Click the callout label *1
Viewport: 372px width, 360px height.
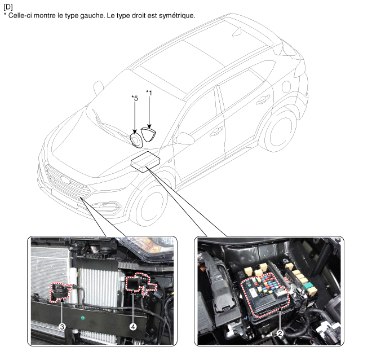point(149,93)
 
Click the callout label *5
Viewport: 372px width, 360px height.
point(135,98)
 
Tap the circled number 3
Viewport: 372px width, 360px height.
point(62,327)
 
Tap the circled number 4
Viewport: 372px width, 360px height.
point(133,327)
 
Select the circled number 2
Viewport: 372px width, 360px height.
point(280,333)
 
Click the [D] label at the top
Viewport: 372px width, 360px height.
point(8,7)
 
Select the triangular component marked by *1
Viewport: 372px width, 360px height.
point(148,134)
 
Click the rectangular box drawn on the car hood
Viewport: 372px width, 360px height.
point(145,162)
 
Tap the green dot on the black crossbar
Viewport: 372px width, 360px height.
point(82,318)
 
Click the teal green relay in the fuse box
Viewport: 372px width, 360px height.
point(308,286)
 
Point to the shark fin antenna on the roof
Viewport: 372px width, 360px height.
point(237,32)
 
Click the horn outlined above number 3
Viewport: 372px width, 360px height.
point(60,292)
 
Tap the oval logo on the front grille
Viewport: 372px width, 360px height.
point(65,180)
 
